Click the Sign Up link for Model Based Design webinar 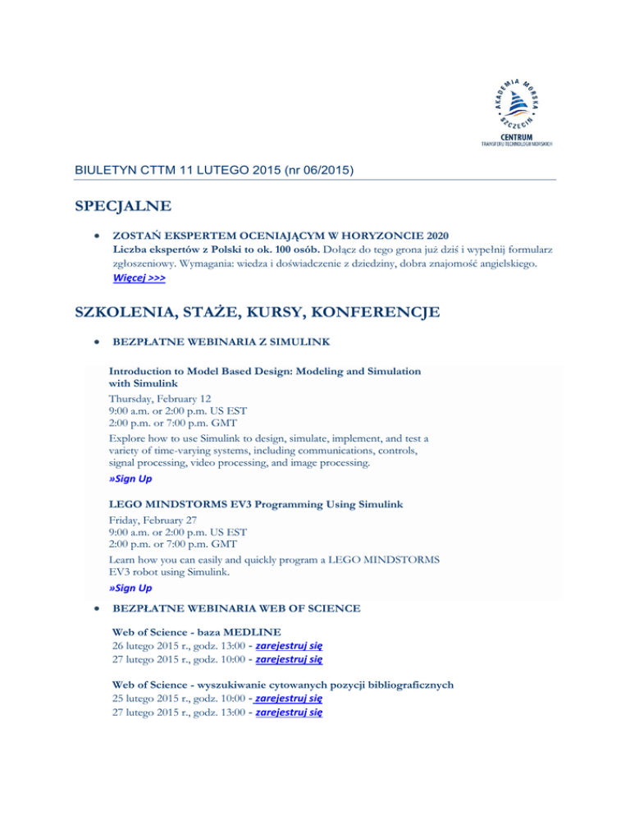point(130,479)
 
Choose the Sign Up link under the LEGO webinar point(130,589)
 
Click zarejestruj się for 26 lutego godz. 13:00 point(289,645)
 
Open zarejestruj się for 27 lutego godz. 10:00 point(289,658)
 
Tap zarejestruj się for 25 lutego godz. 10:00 point(289,699)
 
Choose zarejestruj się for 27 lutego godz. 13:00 point(289,713)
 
